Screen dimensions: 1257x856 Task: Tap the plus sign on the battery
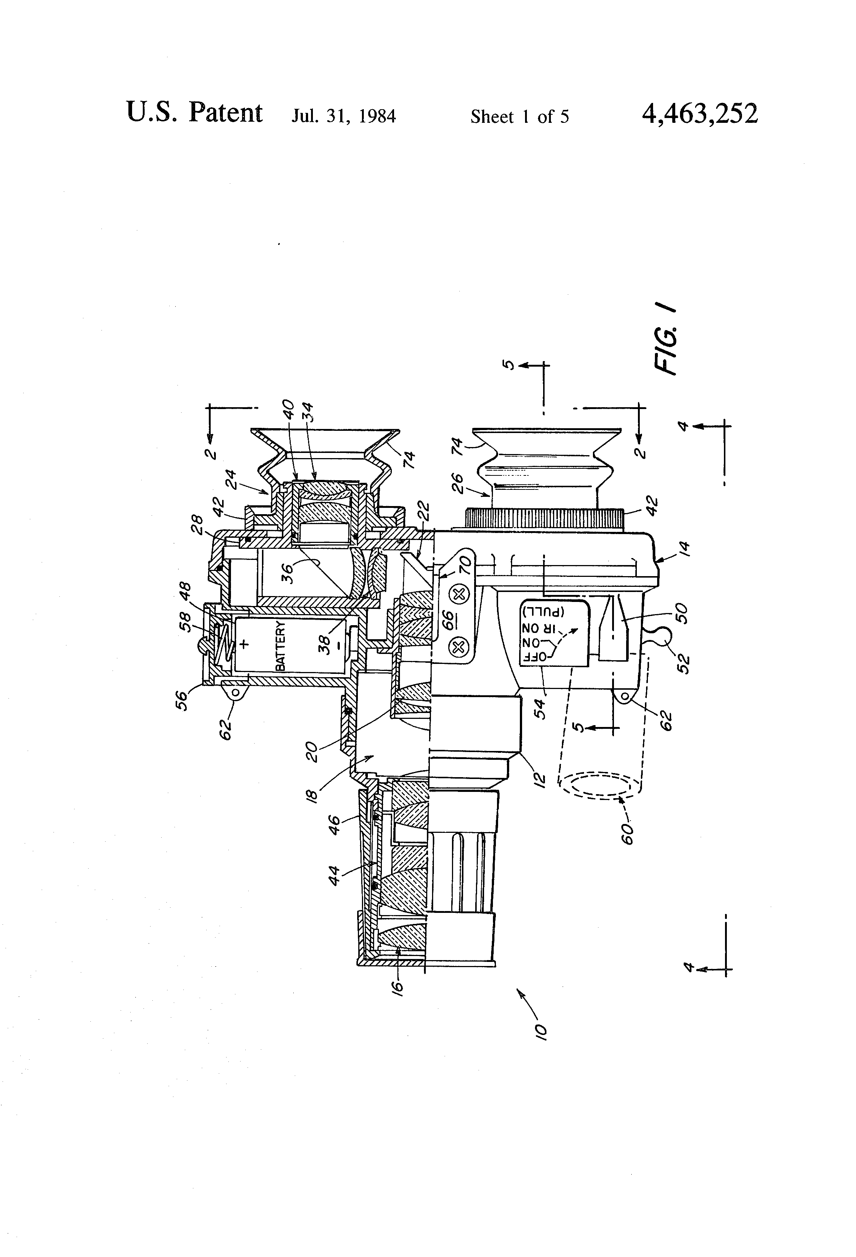(x=244, y=644)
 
